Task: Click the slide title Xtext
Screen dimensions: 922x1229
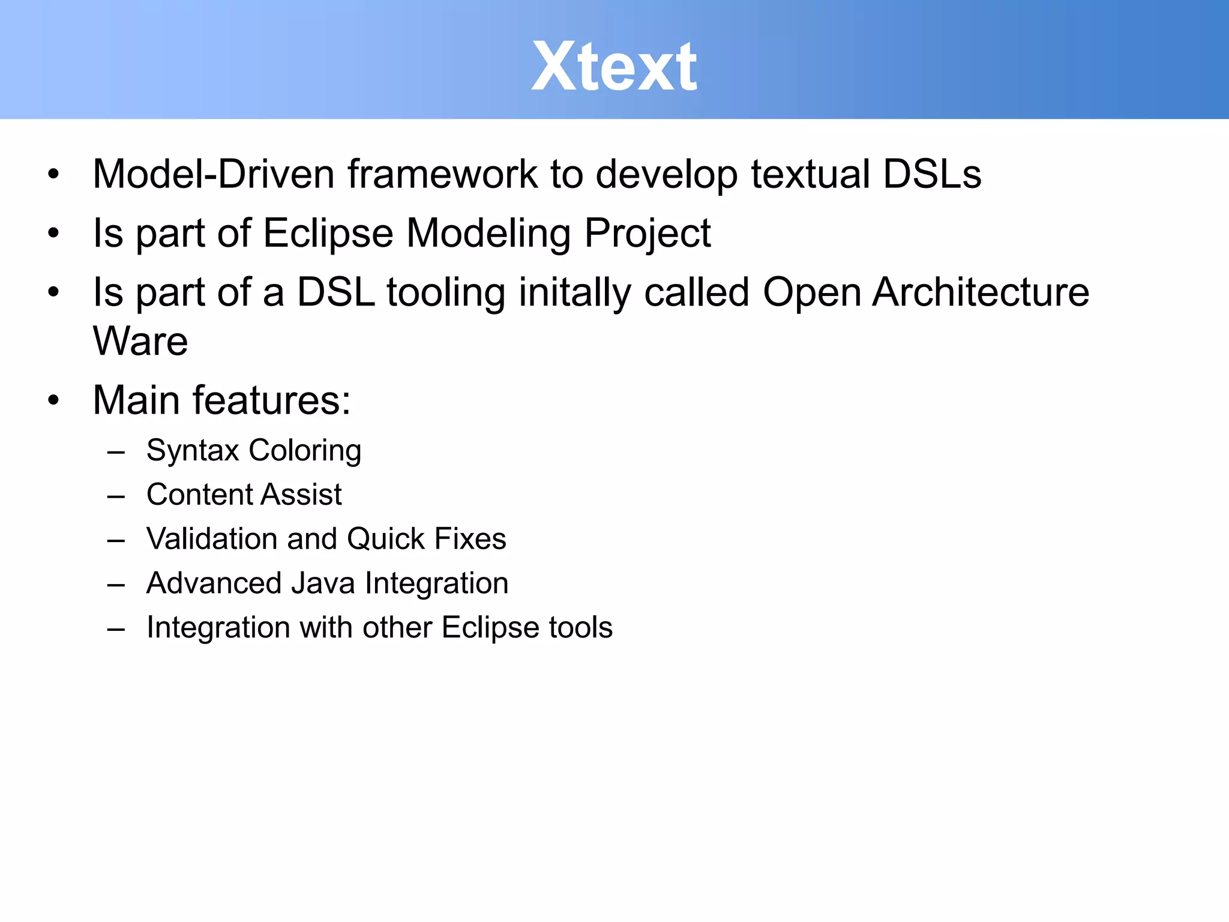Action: pos(614,66)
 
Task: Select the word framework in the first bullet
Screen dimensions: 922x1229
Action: pos(442,174)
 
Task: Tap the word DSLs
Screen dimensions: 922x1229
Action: pos(931,174)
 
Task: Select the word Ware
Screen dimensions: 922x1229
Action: pos(140,341)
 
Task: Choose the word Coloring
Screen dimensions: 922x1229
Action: pos(305,451)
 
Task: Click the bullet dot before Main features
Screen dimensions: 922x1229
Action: pos(54,400)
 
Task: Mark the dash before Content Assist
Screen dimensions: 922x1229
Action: pos(116,496)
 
